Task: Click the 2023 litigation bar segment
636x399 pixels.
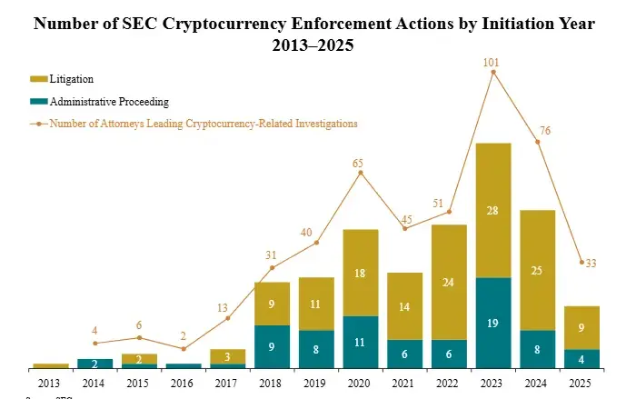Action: pos(493,210)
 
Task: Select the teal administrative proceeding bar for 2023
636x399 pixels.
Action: pos(493,323)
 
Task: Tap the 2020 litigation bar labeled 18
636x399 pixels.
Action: pos(360,273)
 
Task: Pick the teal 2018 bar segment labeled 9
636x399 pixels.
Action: pos(272,346)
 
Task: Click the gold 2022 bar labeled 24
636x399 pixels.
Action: pos(449,282)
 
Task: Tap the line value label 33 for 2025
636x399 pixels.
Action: pos(591,263)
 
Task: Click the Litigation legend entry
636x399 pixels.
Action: pos(72,80)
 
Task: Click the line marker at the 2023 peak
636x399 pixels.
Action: pos(493,72)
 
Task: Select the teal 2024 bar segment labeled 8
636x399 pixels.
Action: pos(538,349)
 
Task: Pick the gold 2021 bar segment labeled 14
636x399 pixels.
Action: pos(404,306)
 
